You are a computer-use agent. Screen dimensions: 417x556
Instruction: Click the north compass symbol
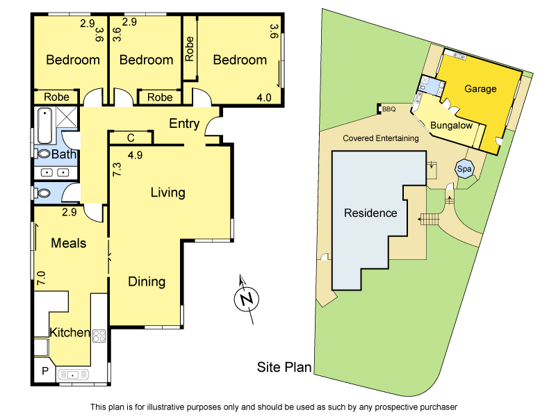tap(247, 300)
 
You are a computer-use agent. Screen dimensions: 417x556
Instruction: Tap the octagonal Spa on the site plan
tap(464, 169)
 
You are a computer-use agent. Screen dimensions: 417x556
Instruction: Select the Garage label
tap(480, 88)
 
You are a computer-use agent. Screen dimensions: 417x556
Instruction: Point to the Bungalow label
tap(451, 126)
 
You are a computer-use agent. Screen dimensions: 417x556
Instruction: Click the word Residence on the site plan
tap(370, 213)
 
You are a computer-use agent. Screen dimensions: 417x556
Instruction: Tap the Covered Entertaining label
tap(381, 138)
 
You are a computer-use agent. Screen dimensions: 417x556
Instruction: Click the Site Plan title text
tap(284, 367)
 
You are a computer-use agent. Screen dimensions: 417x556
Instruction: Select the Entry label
tap(184, 124)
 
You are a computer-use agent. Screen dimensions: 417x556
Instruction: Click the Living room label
tap(167, 193)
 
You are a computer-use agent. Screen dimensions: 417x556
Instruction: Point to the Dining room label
tap(147, 281)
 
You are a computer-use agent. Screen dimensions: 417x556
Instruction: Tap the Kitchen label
tap(69, 333)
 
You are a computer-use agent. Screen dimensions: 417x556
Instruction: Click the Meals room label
tap(68, 243)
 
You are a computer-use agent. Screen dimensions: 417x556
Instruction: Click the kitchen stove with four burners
tap(99, 336)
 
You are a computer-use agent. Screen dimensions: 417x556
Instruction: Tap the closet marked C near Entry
tap(131, 138)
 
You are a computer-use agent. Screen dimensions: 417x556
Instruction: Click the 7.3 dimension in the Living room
tap(116, 168)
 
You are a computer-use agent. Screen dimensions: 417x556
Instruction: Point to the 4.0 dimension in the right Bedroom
tap(264, 98)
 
